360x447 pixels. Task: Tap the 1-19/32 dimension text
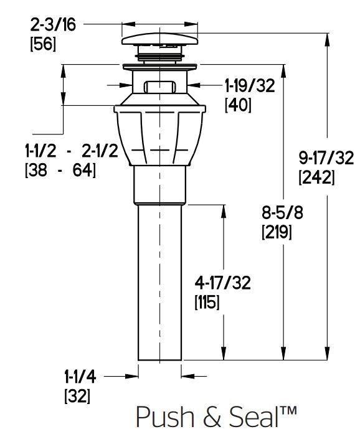click(x=249, y=86)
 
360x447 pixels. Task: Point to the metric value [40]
click(x=238, y=105)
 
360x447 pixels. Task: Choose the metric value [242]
click(x=316, y=178)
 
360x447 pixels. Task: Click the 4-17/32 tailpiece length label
click(x=222, y=283)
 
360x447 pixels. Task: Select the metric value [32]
click(x=77, y=397)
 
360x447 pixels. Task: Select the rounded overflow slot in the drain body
click(x=160, y=87)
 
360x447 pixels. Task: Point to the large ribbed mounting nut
click(x=159, y=137)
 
